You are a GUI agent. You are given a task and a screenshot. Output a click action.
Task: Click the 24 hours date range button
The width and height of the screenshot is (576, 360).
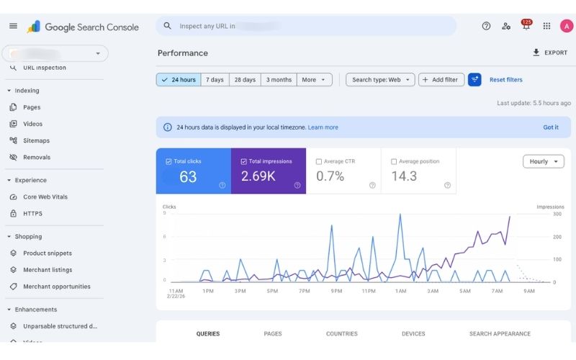179,80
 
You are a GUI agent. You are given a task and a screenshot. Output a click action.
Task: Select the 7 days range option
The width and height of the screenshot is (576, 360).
215,80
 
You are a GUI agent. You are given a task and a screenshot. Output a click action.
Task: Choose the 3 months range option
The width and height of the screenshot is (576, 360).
279,80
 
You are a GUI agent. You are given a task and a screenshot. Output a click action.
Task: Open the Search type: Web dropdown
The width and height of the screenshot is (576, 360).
380,80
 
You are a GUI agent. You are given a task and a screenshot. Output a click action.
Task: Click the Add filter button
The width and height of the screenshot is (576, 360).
441,80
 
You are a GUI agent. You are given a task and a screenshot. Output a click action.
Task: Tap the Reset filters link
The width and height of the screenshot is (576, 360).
506,80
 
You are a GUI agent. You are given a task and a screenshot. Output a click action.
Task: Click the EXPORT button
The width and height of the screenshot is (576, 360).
550,53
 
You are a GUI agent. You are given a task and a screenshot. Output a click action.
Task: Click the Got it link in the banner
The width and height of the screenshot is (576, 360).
551,127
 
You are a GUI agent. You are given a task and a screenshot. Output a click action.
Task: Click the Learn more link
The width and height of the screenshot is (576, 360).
323,127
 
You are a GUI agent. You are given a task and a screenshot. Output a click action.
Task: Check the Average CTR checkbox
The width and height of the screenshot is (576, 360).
319,161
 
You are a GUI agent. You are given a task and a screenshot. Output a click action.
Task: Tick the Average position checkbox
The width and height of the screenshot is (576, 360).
394,161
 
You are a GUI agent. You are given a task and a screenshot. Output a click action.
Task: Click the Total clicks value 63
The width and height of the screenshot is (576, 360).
188,176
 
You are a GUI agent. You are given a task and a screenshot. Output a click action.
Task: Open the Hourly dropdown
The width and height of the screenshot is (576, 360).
543,161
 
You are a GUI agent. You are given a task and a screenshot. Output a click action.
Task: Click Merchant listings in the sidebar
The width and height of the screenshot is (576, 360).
48,270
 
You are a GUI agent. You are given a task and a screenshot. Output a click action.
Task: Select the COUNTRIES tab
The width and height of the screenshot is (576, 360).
341,334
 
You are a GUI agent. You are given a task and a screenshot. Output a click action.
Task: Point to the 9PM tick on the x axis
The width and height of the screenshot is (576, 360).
337,291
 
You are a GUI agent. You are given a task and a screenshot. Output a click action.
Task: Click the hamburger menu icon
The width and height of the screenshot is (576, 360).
13,26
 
